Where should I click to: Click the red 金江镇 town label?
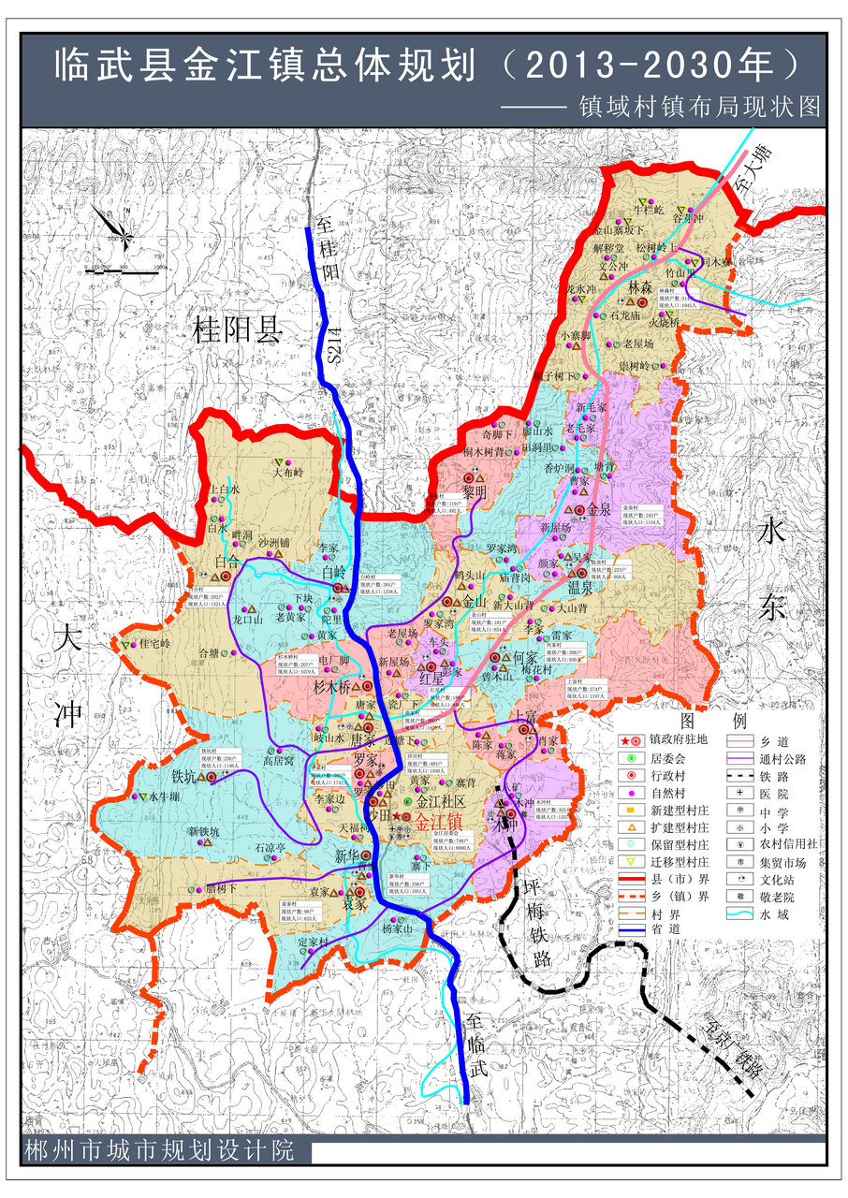coord(437,817)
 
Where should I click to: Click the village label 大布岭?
coord(289,473)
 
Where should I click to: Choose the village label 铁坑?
coord(184,776)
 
